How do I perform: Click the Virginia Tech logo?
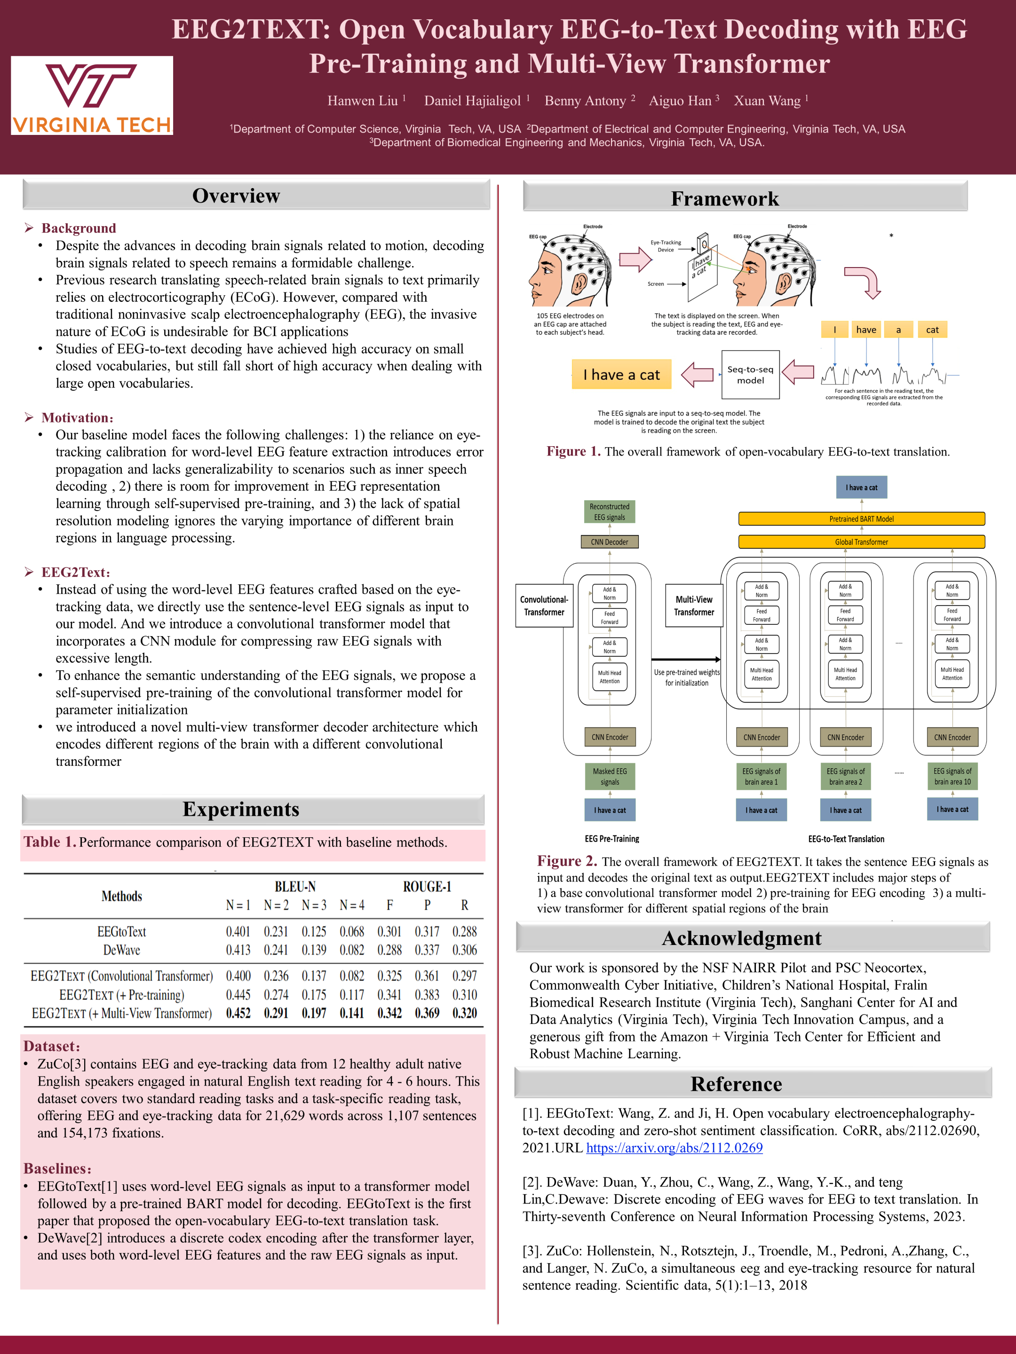(x=92, y=95)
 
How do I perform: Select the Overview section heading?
(x=237, y=196)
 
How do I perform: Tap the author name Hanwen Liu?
(x=363, y=101)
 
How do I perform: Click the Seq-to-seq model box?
(x=750, y=375)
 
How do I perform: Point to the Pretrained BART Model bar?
(x=861, y=519)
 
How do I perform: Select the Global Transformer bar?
(x=861, y=542)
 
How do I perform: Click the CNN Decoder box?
(x=609, y=542)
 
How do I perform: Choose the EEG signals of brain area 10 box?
(x=952, y=776)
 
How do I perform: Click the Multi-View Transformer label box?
(x=694, y=606)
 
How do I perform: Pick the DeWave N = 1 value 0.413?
(x=238, y=950)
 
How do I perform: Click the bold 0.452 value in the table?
(x=238, y=1013)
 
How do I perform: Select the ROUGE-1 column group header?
(x=427, y=886)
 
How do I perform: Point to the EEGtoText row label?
(x=121, y=932)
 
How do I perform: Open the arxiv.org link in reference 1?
(x=674, y=1148)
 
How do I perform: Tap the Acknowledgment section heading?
(x=742, y=938)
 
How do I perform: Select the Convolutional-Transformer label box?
(x=544, y=606)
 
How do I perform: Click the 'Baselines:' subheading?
(x=57, y=1168)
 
